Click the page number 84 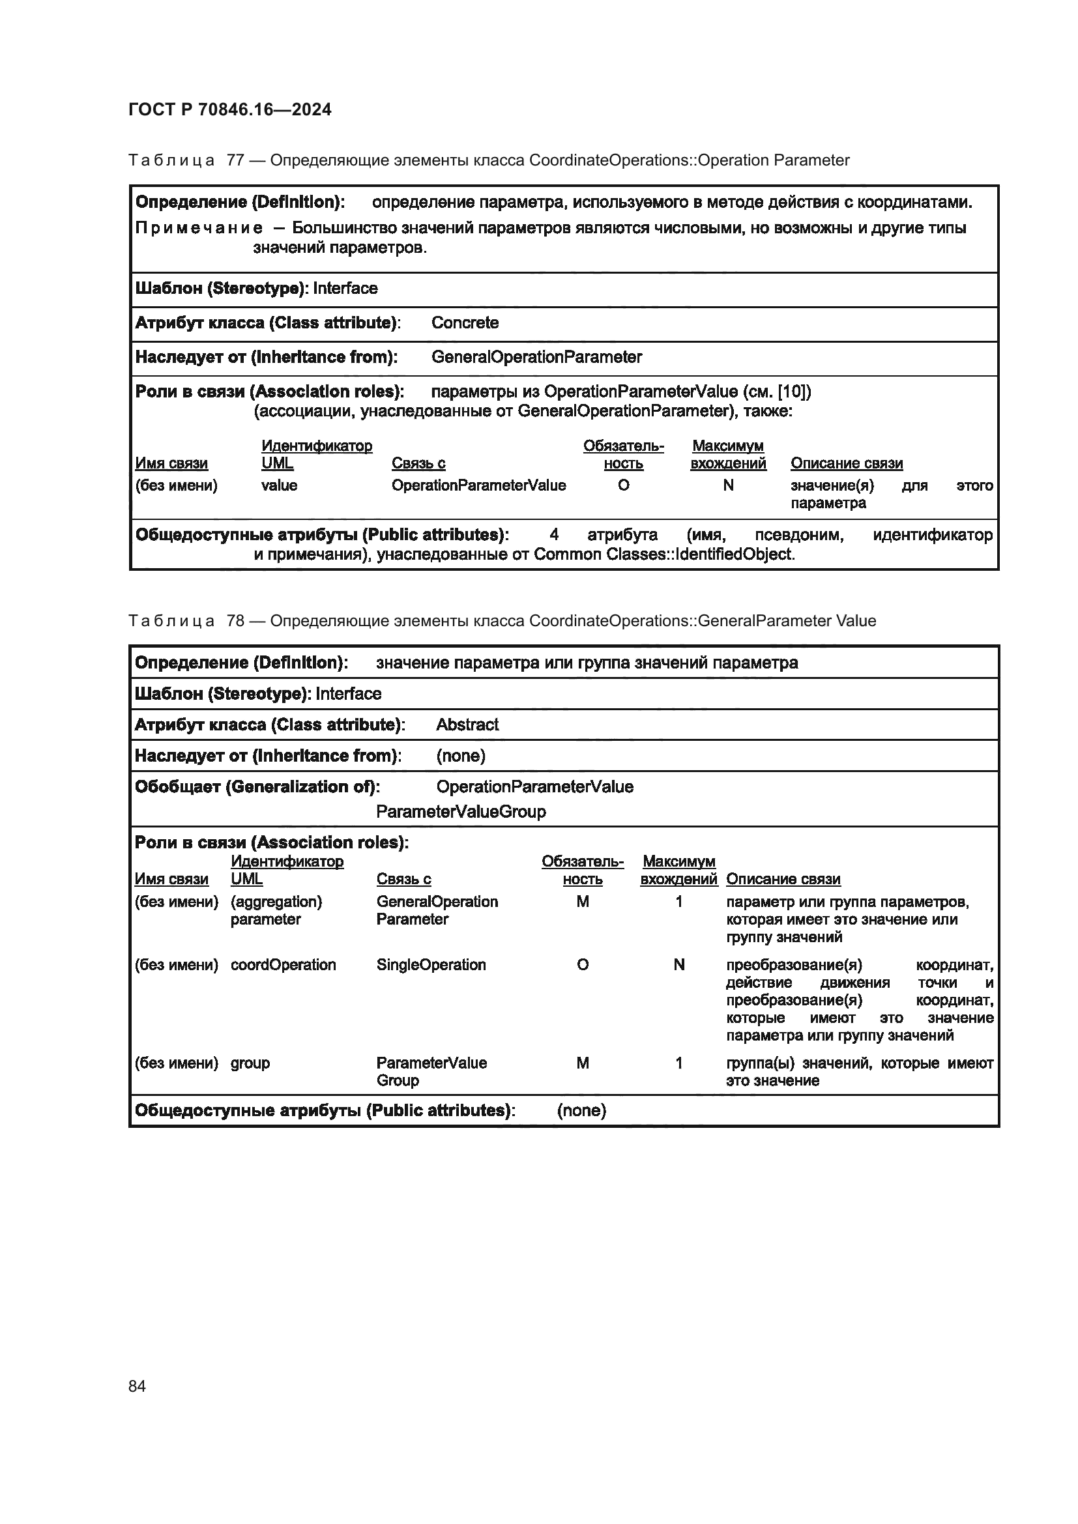[x=137, y=1386]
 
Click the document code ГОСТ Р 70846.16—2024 [x=229, y=109]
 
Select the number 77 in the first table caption [x=236, y=160]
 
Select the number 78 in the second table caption [x=236, y=621]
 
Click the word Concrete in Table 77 [x=465, y=323]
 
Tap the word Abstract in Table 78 [x=467, y=724]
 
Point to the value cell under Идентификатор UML [x=279, y=485]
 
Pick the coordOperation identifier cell [x=283, y=964]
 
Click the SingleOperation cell [x=431, y=964]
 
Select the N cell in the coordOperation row [x=678, y=964]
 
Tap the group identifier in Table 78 [x=250, y=1063]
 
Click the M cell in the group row [x=582, y=1063]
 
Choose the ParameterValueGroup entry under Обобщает [x=461, y=811]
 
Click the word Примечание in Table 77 [x=199, y=228]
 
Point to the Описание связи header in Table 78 [x=783, y=879]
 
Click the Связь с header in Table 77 [x=418, y=463]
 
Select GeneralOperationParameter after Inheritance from [x=536, y=357]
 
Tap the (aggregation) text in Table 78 [x=276, y=901]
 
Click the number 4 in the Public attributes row [x=553, y=534]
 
